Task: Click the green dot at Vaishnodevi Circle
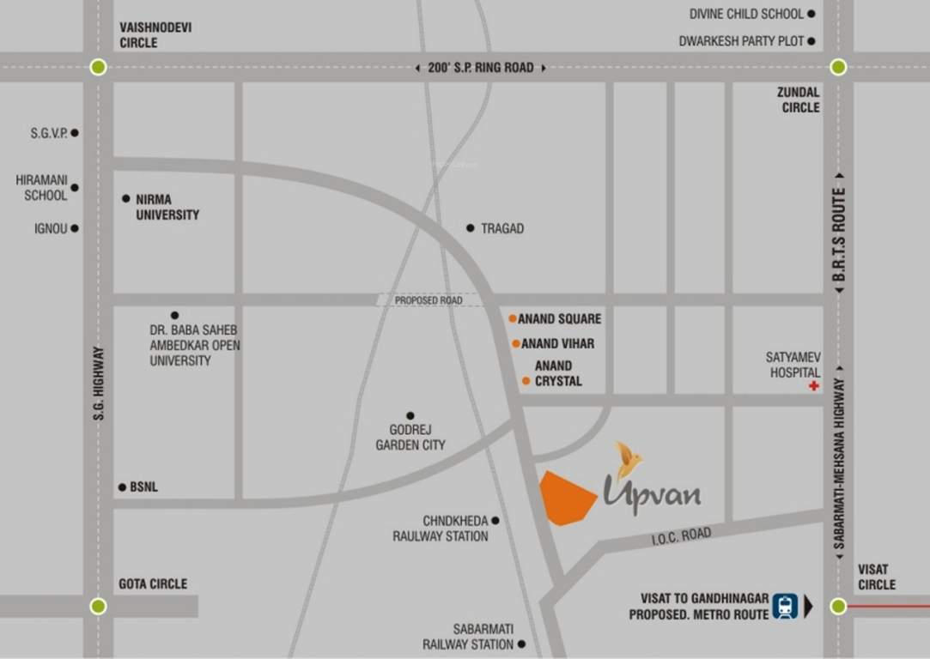98,67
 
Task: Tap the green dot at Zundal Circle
838,67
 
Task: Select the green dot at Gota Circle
98,606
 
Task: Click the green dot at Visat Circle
838,606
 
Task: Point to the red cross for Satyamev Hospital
813,386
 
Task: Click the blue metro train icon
783,606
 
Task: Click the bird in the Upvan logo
630,459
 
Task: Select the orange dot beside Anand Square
513,318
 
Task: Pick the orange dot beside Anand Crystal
526,380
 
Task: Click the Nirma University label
167,207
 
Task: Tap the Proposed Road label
428,300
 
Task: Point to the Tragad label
502,228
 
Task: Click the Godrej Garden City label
410,437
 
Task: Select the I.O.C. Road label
681,536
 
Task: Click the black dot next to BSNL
122,487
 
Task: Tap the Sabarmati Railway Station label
467,637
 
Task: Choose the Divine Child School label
746,14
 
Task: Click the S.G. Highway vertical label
99,383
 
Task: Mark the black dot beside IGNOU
75,228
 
